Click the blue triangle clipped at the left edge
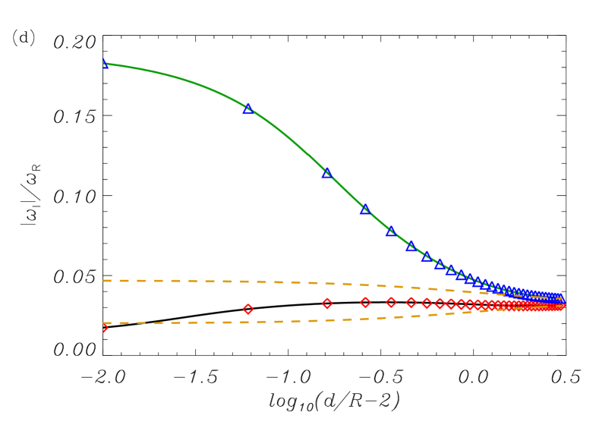coord(105,64)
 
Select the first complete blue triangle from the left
coord(248,109)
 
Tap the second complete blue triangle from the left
coord(327,173)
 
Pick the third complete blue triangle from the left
coord(365,209)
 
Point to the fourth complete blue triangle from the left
coord(391,231)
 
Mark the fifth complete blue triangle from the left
coord(411,247)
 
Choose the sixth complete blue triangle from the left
coord(427,256)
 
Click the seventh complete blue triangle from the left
coord(440,264)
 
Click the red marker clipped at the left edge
coord(105,328)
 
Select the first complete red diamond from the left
coord(248,309)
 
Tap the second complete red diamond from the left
coord(327,304)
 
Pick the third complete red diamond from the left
coord(365,303)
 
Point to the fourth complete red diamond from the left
coord(391,302)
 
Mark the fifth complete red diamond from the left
coord(411,303)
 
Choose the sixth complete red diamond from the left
coord(427,304)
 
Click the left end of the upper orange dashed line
coord(104,281)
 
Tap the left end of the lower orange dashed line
coord(104,323)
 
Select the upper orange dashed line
coord(228,281)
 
